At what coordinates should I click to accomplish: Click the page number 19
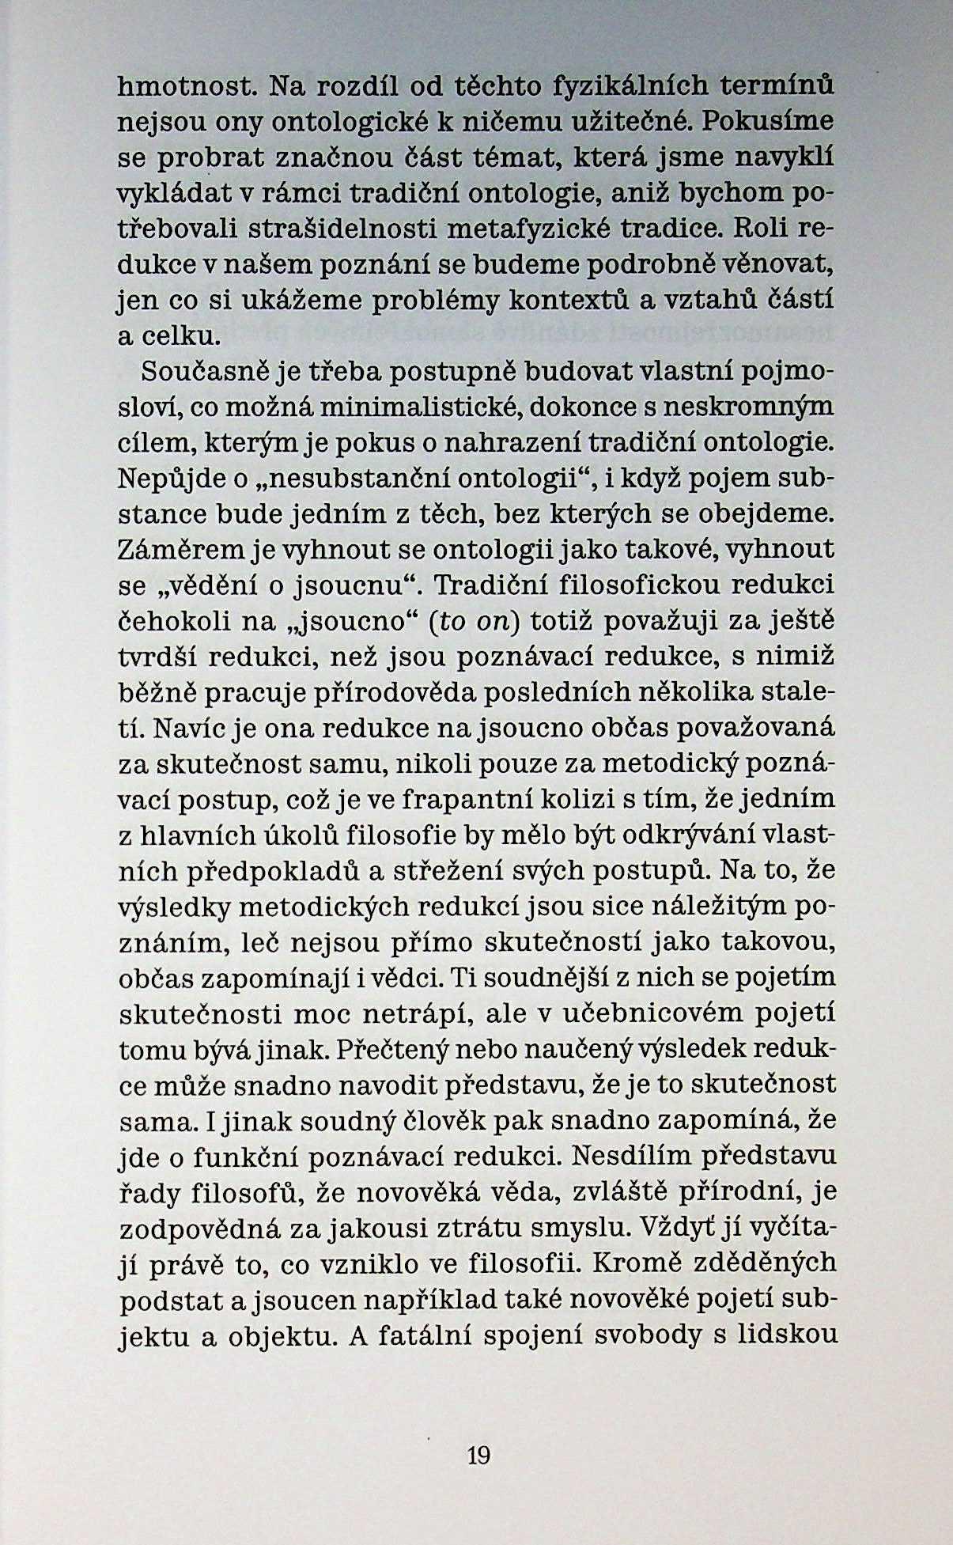coord(479,1454)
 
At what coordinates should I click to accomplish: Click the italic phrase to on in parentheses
coord(475,621)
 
